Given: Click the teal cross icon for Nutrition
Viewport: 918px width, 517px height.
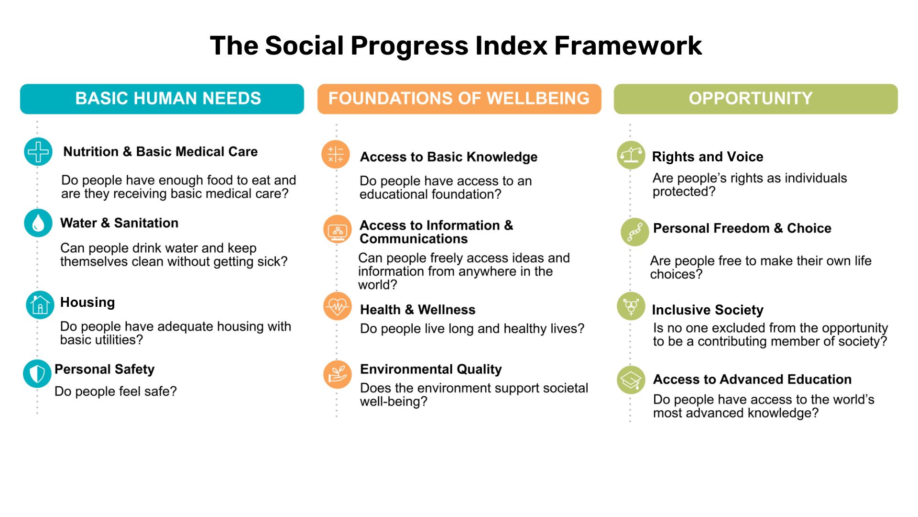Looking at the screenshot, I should tap(38, 152).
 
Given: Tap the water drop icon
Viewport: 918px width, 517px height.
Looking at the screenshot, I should tap(38, 223).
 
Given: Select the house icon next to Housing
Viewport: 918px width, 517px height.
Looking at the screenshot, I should tap(40, 305).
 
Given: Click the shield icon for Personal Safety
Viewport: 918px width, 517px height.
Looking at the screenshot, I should tap(37, 373).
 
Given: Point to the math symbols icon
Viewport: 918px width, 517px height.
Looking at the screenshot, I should tap(336, 155).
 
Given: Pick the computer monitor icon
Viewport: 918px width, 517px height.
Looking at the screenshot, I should tap(338, 230).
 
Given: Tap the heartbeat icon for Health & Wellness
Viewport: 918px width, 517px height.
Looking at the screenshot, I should tap(337, 306).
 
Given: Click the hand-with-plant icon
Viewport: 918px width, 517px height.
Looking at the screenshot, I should tap(337, 374).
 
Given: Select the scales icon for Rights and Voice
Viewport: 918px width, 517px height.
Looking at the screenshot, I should tap(631, 155).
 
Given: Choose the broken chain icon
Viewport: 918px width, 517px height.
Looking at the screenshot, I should tap(634, 232).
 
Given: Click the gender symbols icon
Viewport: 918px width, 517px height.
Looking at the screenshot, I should tap(631, 306).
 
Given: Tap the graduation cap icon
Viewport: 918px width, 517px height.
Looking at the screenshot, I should tap(631, 380).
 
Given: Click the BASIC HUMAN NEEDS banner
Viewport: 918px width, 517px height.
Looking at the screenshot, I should tap(162, 99).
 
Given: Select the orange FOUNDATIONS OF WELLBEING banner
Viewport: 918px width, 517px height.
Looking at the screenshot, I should tap(459, 99).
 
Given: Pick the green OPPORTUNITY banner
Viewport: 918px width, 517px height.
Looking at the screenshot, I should tap(755, 99).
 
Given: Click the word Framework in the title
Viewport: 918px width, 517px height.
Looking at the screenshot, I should tap(628, 46).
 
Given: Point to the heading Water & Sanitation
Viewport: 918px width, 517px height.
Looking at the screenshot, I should tap(119, 223).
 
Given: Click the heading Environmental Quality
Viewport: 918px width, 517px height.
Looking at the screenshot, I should tap(431, 369).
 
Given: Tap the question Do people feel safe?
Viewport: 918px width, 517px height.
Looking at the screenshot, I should tap(115, 392).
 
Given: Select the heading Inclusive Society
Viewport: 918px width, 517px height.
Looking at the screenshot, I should tap(707, 310).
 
